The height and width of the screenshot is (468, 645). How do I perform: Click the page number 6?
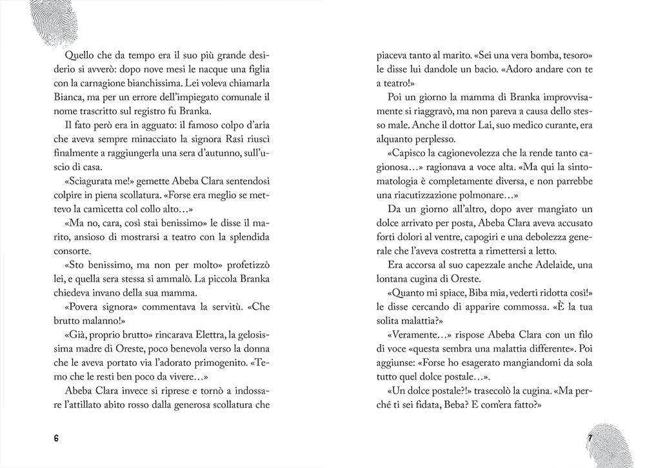pyautogui.click(x=56, y=438)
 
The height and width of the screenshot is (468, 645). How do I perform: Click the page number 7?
pyautogui.click(x=589, y=438)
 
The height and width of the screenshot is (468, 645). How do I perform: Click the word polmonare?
pyautogui.click(x=510, y=194)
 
